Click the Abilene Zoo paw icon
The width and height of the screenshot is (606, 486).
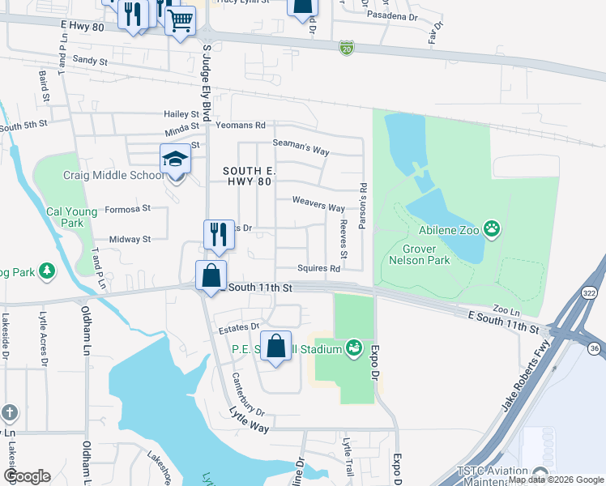(x=492, y=229)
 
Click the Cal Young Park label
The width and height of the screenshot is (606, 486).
(x=71, y=217)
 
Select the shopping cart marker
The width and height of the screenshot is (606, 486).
(x=181, y=21)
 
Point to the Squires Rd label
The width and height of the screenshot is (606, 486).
(x=318, y=268)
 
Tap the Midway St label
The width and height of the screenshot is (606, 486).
(x=130, y=239)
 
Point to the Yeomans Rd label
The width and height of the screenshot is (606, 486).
(x=241, y=126)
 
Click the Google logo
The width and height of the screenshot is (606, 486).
(x=27, y=476)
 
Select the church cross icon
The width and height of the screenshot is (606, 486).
(x=10, y=412)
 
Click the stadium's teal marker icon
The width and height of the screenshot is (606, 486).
(x=353, y=349)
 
